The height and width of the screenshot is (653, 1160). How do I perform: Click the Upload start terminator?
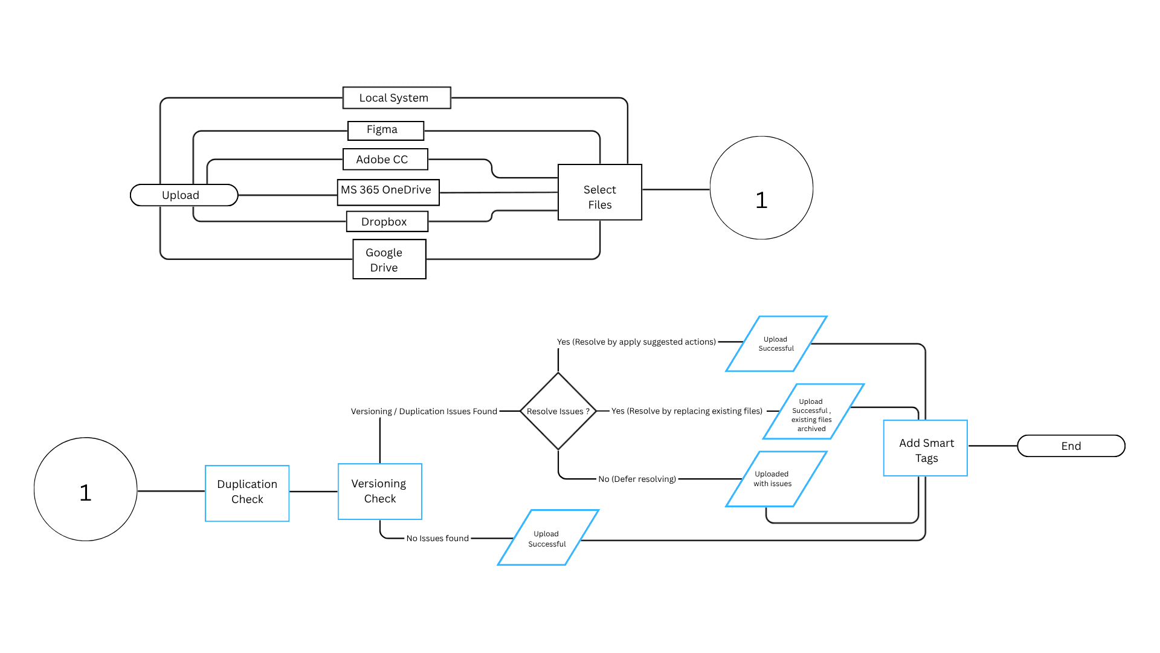coord(184,195)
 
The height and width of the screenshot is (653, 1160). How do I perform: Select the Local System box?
coord(397,98)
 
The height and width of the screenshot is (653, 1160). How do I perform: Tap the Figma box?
coord(386,131)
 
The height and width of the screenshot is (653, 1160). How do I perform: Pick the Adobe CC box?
coord(385,160)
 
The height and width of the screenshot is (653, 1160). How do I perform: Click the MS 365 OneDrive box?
coord(388,192)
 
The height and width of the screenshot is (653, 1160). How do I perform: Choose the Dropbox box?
coord(387,221)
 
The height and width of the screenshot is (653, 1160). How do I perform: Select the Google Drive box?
coord(390,259)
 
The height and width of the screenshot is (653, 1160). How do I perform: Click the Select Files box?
coord(600,192)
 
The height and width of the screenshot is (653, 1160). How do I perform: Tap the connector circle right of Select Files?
coord(761,187)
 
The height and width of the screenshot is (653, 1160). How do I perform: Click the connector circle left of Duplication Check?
coord(86,489)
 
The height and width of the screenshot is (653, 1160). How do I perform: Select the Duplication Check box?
coord(247,493)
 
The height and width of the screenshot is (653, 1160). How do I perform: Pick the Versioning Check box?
coord(380,492)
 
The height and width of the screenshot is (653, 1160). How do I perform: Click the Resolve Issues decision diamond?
coord(558,411)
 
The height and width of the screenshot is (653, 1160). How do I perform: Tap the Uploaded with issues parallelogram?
coord(776,479)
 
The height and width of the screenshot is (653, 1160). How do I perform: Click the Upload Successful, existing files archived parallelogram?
coord(814,412)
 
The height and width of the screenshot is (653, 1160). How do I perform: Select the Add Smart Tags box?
coord(926,448)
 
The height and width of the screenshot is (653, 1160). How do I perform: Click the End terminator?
coord(1071,446)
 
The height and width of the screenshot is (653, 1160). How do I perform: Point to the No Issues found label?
coord(437,538)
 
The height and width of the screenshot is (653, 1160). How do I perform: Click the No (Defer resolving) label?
coord(637,479)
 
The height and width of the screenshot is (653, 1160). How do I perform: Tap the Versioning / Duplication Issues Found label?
coord(424,411)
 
